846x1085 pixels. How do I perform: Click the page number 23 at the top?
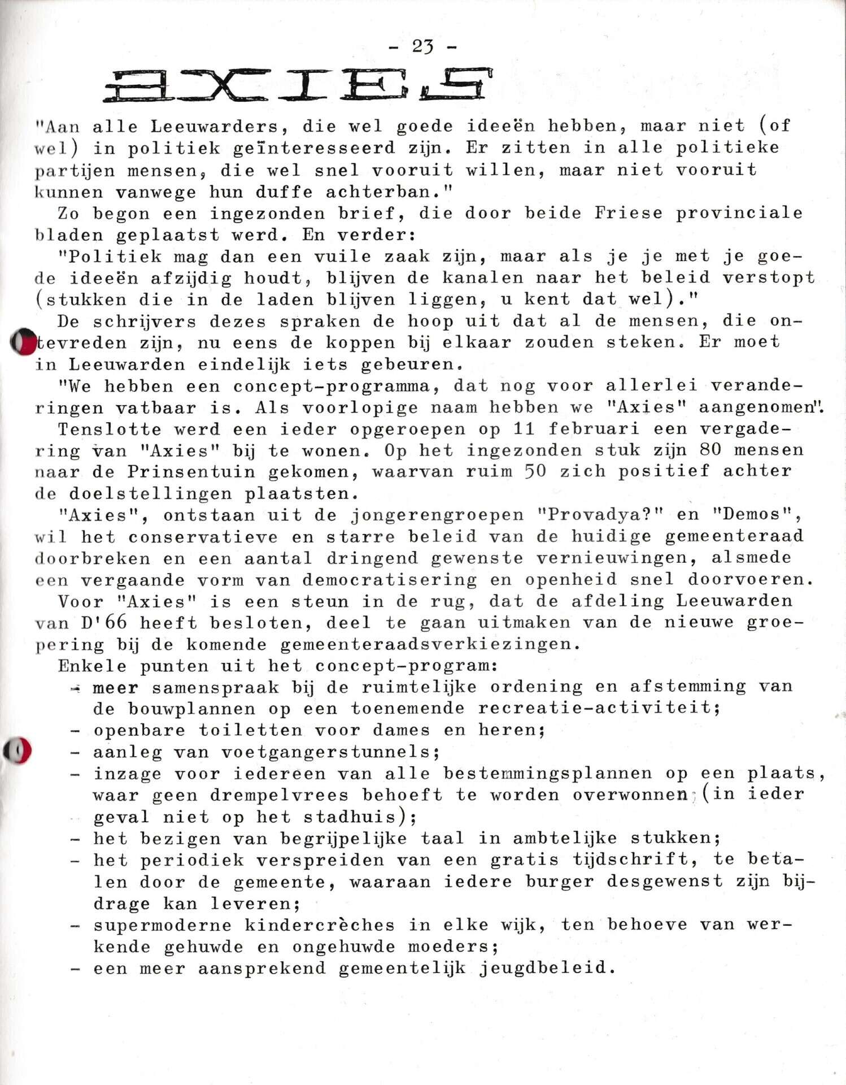point(422,46)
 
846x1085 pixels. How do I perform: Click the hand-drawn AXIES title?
point(298,85)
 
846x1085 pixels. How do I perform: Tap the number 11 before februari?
point(525,429)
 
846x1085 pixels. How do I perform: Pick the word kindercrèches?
point(320,925)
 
